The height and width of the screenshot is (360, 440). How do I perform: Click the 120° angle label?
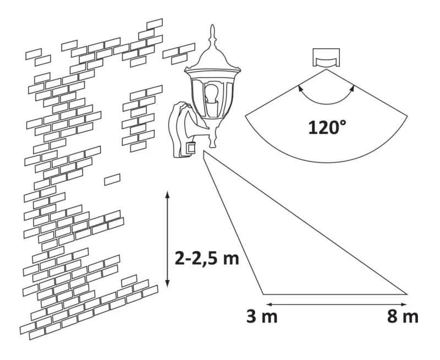point(328,129)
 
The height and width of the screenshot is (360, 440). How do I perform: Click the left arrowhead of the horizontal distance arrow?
point(267,303)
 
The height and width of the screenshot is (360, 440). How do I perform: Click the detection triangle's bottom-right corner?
point(408,294)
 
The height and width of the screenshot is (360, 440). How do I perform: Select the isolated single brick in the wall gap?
point(112,179)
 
